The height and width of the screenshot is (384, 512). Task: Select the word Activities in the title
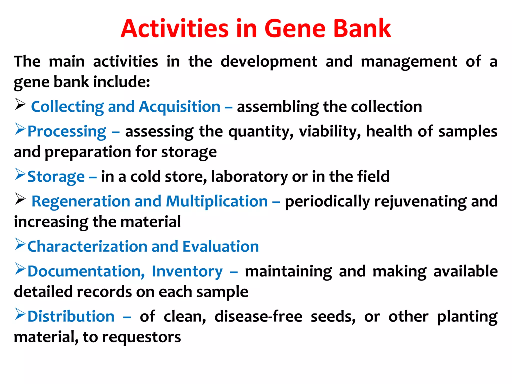click(x=174, y=29)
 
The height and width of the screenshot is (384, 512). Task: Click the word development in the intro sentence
click(x=269, y=62)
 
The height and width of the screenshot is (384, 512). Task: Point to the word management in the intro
click(x=409, y=62)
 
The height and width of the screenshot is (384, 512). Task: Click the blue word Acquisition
click(x=179, y=107)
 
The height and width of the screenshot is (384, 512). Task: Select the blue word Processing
click(x=67, y=131)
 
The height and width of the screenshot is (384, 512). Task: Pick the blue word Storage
click(x=56, y=177)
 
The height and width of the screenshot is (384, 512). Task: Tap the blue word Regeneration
click(x=81, y=201)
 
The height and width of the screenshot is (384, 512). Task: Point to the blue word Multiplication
click(x=217, y=201)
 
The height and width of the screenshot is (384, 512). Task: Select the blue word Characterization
click(x=87, y=247)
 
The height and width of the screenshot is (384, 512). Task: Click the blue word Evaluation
click(x=220, y=247)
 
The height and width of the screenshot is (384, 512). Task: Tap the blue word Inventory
click(x=187, y=271)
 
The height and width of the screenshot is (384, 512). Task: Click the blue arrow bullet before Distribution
click(x=20, y=314)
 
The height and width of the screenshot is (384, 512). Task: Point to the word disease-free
click(x=258, y=317)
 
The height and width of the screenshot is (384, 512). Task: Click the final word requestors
click(x=141, y=337)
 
